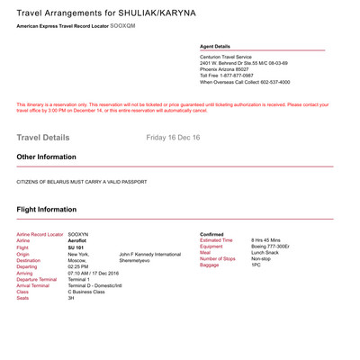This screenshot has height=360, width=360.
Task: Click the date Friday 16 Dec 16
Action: coord(173,138)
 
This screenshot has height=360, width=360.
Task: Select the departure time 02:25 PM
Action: coord(80,266)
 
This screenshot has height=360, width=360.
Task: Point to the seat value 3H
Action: coord(71,298)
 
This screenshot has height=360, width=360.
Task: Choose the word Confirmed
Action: coord(211,234)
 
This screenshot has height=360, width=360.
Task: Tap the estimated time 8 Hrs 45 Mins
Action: coord(268,240)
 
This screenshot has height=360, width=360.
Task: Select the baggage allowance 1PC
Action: coord(256,265)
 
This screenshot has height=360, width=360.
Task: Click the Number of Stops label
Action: coord(220,259)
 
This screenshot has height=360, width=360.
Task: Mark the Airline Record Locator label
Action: coord(40,234)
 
